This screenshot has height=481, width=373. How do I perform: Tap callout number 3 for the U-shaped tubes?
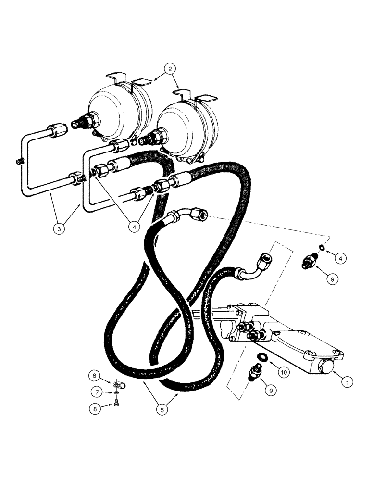[x=59, y=229]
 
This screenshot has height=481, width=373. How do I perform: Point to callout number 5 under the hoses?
[x=162, y=409]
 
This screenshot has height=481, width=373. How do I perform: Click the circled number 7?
[x=95, y=392]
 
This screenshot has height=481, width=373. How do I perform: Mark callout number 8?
[x=95, y=409]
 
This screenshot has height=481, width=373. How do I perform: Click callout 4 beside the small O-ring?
[x=340, y=258]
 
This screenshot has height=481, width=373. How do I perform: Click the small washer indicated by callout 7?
[x=117, y=394]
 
